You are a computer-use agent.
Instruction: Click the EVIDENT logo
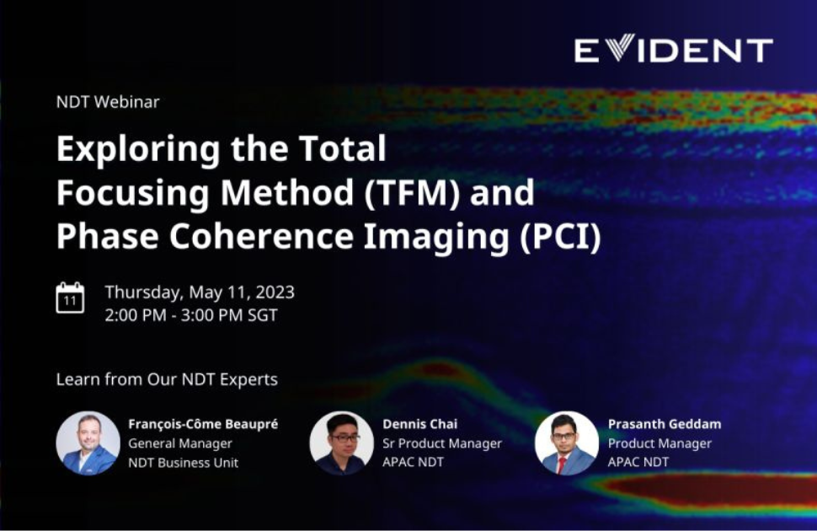(x=674, y=50)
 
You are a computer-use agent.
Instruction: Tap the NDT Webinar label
(x=108, y=102)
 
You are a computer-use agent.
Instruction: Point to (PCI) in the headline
(x=561, y=236)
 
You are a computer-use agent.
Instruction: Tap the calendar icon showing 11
(x=70, y=298)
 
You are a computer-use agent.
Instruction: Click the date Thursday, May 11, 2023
(x=200, y=292)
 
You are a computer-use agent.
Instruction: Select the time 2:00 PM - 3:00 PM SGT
(x=191, y=315)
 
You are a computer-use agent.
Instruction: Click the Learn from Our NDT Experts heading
(x=167, y=379)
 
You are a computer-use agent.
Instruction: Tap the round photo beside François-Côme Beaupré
(x=88, y=442)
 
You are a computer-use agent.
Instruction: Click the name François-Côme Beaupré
(x=203, y=424)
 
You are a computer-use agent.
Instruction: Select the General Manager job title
(x=180, y=443)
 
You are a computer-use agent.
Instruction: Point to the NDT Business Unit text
(x=184, y=463)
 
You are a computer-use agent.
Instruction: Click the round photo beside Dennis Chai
(x=342, y=442)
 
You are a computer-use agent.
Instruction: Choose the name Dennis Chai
(x=420, y=424)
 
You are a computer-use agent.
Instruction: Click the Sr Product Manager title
(x=442, y=443)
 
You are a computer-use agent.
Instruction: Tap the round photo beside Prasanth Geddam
(x=567, y=442)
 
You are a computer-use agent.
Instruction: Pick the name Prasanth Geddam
(x=665, y=424)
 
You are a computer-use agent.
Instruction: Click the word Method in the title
(x=287, y=192)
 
